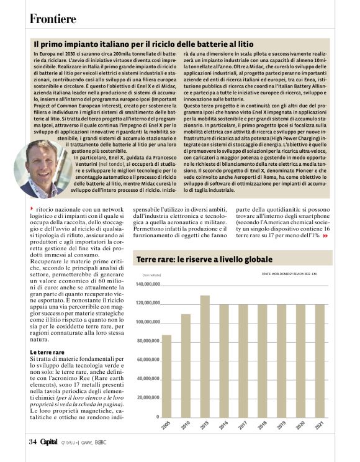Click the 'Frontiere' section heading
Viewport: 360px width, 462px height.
53,19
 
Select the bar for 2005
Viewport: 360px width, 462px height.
166,376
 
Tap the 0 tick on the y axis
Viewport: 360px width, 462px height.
156,417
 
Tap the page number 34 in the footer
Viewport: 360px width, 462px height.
32,442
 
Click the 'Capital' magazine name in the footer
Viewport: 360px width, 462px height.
49,442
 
